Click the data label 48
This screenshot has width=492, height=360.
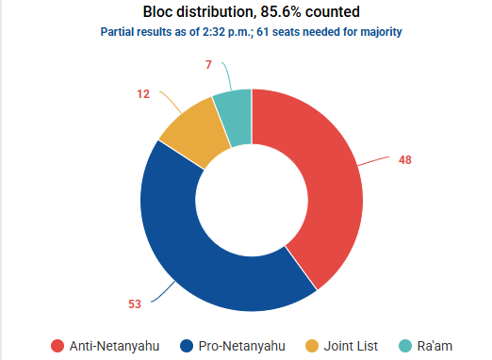(405, 160)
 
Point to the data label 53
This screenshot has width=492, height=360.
(135, 304)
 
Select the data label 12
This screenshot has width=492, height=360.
(143, 94)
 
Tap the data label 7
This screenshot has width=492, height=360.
(208, 65)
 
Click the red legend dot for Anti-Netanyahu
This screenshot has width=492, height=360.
(57, 346)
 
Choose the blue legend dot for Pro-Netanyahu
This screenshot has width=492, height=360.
(187, 346)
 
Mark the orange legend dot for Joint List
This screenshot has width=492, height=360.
(312, 346)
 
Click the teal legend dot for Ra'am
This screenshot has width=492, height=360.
(405, 346)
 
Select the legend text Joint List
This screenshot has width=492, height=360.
(351, 346)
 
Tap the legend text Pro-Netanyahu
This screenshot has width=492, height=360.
(242, 346)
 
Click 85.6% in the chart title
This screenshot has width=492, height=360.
(281, 12)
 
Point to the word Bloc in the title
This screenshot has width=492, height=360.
(158, 12)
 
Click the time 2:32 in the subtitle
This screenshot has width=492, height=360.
(213, 32)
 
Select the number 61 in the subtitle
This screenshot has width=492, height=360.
(263, 32)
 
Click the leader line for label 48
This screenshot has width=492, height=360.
(373, 160)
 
